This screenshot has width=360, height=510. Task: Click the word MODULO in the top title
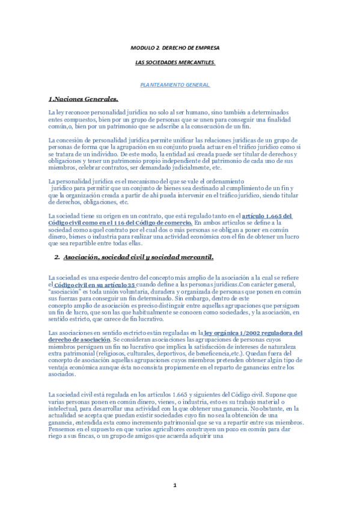coord(142,47)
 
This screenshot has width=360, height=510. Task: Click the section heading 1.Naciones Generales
coord(83,99)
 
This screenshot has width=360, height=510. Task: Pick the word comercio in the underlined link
coord(174,223)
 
